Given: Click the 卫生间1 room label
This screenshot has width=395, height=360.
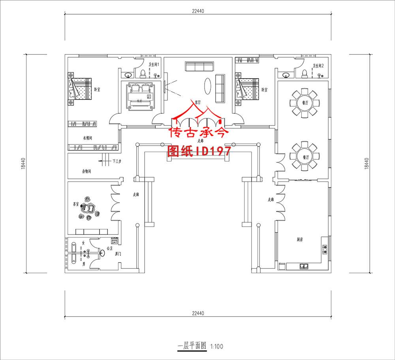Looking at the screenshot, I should [x=154, y=65].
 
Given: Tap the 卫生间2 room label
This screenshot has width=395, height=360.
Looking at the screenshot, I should [x=318, y=66].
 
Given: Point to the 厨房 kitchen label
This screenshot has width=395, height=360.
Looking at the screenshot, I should [x=300, y=240].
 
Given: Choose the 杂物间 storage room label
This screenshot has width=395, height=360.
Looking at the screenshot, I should [x=87, y=172].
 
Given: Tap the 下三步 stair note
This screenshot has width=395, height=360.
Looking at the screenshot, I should [x=117, y=161].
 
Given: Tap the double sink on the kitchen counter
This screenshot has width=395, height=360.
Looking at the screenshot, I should [x=305, y=266].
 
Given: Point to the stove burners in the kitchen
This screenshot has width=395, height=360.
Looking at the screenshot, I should [x=325, y=248].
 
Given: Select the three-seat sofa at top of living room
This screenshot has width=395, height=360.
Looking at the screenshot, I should [x=199, y=66].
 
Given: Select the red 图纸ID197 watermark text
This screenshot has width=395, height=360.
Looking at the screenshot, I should [x=199, y=150].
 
